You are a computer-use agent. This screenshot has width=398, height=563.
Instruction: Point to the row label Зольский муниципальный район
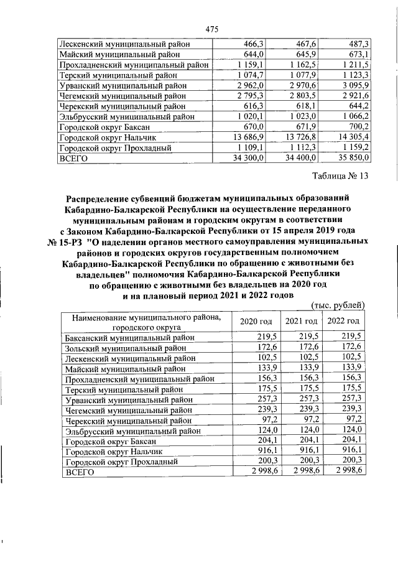click(x=125, y=347)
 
